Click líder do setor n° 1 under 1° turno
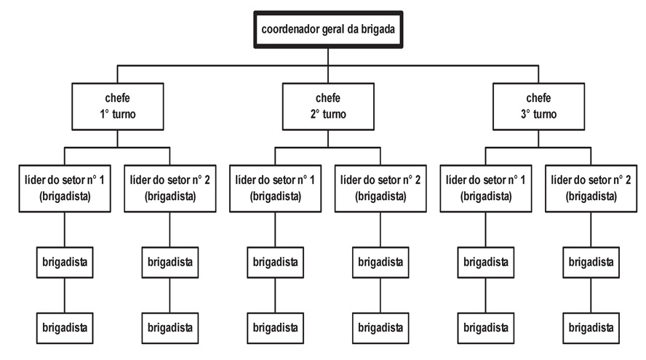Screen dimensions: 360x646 click(65, 187)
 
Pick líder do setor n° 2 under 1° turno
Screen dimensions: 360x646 click(170, 187)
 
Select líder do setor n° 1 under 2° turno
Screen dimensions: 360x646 click(275, 187)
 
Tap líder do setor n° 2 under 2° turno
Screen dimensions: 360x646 click(380, 187)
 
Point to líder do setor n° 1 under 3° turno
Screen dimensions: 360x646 click(485, 187)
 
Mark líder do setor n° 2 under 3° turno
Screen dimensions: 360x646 click(591, 187)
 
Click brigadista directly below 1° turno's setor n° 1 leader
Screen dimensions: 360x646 click(65, 262)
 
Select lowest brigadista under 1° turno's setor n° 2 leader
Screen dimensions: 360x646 click(170, 327)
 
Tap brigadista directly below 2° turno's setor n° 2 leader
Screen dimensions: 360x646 click(380, 262)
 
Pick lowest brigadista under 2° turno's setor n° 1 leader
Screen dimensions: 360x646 click(275, 327)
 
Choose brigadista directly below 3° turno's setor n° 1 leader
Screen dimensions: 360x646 click(485, 262)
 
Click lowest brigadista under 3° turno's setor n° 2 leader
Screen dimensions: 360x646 click(591, 327)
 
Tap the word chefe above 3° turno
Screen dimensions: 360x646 click(538, 97)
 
